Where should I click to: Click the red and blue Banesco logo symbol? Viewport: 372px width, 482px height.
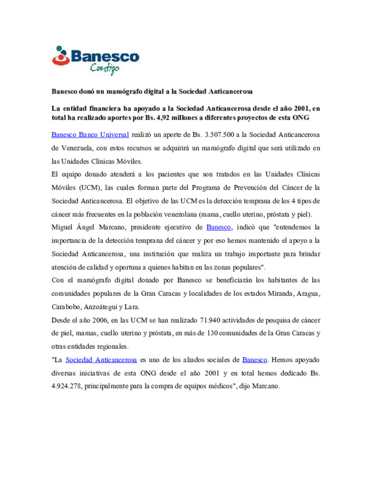pos(61,56)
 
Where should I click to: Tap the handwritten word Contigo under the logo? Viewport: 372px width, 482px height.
pos(105,68)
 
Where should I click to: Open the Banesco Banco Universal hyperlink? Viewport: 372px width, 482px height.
pos(90,134)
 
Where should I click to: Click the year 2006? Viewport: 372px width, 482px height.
pos(100,320)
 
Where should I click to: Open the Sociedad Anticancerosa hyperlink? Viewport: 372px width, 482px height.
pos(101,360)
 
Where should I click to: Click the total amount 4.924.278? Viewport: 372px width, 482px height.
pos(66,386)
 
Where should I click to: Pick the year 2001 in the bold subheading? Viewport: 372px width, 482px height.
pos(301,108)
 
